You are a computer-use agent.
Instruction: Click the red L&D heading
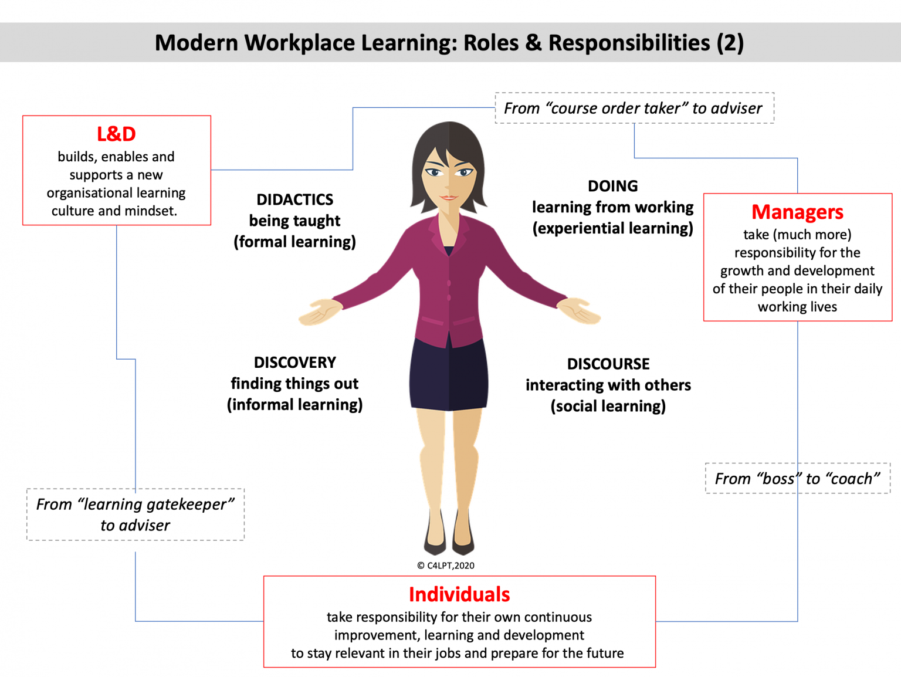[116, 134]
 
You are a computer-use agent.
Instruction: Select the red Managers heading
[797, 212]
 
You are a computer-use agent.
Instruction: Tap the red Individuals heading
[459, 594]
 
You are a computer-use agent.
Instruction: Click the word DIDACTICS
[294, 200]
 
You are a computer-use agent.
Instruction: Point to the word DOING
[612, 186]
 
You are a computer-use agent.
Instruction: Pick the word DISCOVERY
[294, 363]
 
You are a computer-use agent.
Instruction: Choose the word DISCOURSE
[608, 364]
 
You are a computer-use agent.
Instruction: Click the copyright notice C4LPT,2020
[446, 566]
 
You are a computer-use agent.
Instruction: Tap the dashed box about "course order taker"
[634, 109]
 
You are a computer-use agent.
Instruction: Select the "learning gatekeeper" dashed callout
[135, 514]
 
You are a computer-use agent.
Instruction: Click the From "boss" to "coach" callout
[797, 479]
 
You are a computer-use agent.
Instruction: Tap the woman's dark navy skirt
[449, 375]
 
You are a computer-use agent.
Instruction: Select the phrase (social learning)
[608, 407]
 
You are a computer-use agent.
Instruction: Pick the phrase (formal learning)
[294, 242]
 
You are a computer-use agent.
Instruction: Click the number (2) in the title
[730, 43]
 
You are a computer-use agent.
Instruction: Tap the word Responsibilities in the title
[629, 43]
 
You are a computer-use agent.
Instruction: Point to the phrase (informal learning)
[294, 405]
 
